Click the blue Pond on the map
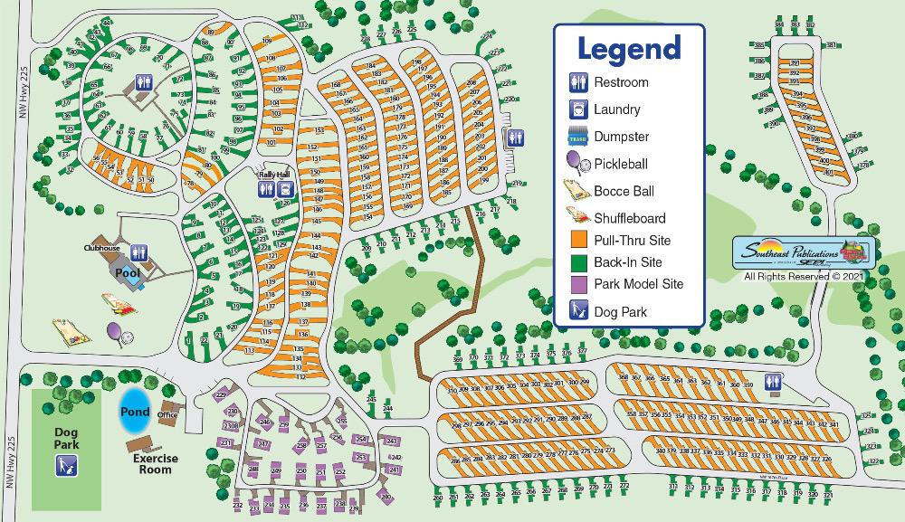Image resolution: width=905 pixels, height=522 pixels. coord(135,412)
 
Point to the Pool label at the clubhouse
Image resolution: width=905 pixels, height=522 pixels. coord(124,271)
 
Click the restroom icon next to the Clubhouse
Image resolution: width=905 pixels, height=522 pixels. coord(138,252)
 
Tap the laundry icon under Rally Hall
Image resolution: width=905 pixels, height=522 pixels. coord(285,189)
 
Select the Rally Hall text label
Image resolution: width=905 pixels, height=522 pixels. coord(273,175)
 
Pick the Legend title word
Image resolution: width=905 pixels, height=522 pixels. coord(628,48)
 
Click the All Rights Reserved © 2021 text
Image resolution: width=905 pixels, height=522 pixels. coord(800,276)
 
